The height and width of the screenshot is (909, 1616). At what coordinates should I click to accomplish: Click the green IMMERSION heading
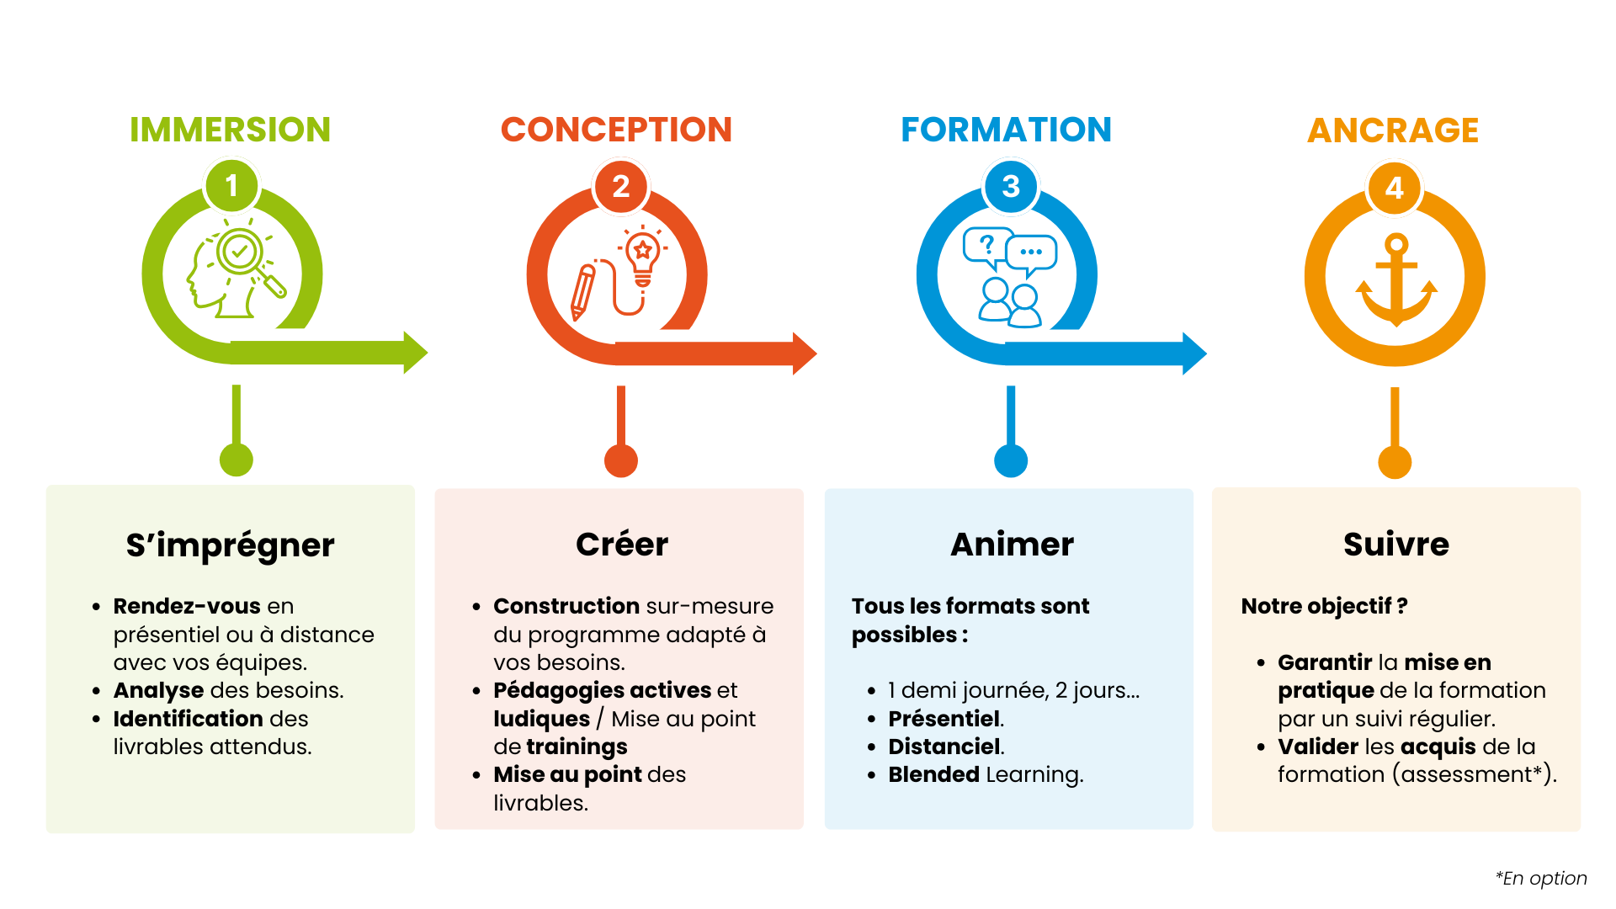point(230,130)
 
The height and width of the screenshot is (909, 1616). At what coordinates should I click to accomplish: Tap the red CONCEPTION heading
point(616,130)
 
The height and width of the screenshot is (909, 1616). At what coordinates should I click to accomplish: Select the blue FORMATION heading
point(1007,130)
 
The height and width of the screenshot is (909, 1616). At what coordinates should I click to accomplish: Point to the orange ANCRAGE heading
point(1393,130)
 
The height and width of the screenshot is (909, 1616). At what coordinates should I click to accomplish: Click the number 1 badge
point(231,185)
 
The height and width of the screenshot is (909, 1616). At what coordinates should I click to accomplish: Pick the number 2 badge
point(621,186)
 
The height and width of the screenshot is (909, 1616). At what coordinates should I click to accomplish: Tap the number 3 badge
point(1011,186)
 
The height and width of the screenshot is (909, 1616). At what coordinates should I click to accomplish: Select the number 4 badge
point(1395,187)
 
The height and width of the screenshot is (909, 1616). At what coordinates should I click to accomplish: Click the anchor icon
point(1396,279)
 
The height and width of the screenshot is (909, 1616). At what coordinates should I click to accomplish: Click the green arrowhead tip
point(428,353)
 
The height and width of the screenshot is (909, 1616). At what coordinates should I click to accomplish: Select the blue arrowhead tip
point(1206,353)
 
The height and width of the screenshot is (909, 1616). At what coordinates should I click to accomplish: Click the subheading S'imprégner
point(230,545)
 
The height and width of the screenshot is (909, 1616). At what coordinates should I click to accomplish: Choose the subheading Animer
point(1012,545)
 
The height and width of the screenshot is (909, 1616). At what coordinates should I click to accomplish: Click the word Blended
point(933,774)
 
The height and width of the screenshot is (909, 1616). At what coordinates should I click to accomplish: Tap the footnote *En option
point(1541,879)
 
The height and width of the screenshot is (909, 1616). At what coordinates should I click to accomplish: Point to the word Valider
point(1318,747)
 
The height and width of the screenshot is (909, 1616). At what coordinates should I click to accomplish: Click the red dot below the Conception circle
point(621,460)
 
